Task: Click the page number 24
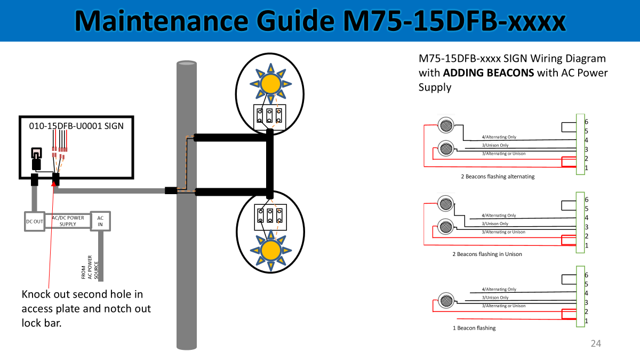point(596,343)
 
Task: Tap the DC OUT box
point(35,221)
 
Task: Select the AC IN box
point(100,221)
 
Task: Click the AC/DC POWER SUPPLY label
point(68,221)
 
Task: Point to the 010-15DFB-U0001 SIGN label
point(76,126)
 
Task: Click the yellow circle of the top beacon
point(270,84)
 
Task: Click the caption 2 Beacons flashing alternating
point(498,177)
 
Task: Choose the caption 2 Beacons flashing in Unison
point(487,254)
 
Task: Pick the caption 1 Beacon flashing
point(474,328)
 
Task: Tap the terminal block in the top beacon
point(270,116)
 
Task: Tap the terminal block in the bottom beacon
point(270,216)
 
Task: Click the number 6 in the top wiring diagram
point(586,122)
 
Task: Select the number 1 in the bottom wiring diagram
point(586,321)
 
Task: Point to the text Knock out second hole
point(82,294)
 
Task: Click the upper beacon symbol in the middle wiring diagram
point(445,203)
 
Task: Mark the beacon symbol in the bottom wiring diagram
point(445,300)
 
